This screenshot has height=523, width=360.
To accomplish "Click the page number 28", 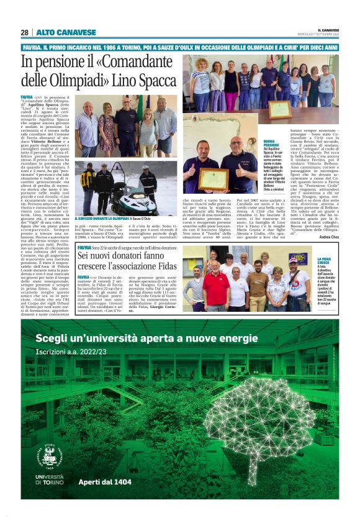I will tap(24, 32).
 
